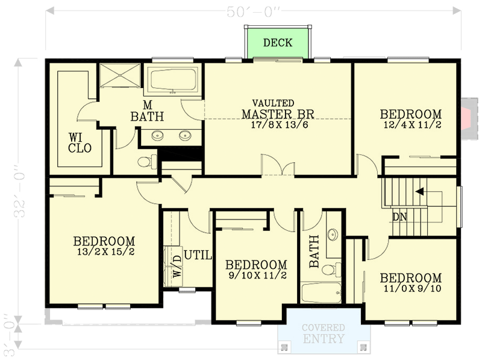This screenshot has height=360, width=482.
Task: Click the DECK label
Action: [x=278, y=43]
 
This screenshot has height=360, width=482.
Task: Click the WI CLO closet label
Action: [x=80, y=142]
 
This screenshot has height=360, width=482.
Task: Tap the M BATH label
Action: [x=147, y=111]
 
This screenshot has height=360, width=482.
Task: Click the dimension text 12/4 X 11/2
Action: [x=412, y=125]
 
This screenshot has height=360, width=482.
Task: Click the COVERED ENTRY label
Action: [x=324, y=333]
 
